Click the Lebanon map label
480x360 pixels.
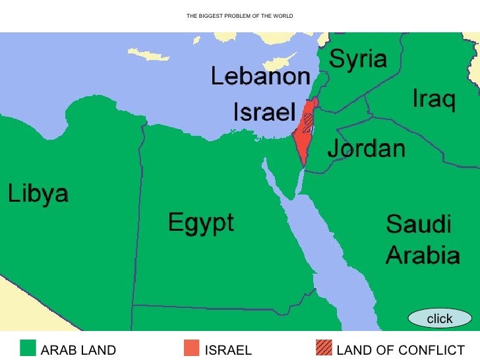[260, 77]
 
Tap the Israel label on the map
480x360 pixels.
[263, 113]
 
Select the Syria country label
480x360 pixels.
[357, 60]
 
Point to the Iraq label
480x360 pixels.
[433, 100]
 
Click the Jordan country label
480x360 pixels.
[366, 148]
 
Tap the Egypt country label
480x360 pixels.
[200, 222]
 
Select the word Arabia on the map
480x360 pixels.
[422, 255]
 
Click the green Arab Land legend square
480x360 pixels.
[28, 347]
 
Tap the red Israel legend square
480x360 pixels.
[191, 347]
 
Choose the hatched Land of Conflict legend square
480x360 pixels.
[323, 347]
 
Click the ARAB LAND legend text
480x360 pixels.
[78, 350]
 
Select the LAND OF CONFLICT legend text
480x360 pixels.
[400, 350]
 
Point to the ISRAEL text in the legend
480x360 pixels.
[229, 350]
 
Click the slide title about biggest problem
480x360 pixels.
[239, 16]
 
